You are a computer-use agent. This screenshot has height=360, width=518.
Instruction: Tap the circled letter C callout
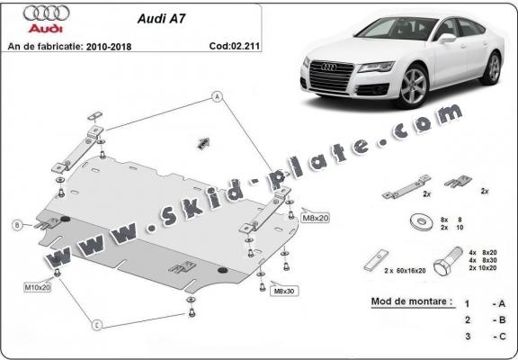[x=97, y=326]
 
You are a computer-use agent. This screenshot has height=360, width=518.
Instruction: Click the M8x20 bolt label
[x=315, y=218]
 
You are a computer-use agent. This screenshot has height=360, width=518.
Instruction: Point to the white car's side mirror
[x=447, y=38]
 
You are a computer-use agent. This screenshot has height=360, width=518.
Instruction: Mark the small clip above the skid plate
[x=203, y=141]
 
